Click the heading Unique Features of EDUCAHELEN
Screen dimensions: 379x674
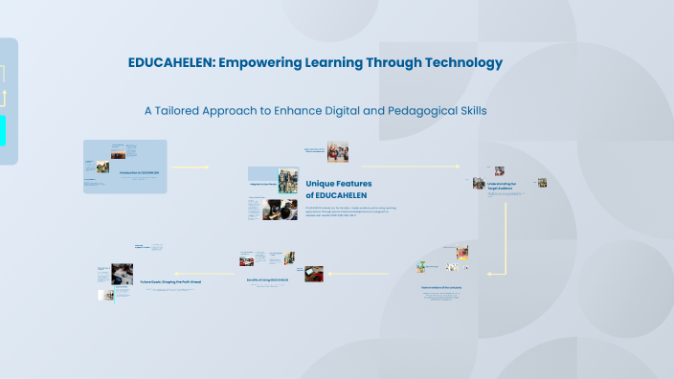click(x=338, y=189)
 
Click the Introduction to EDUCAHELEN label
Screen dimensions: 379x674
click(x=139, y=173)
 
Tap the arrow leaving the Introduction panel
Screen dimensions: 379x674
click(x=190, y=167)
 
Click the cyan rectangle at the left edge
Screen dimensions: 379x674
click(x=3, y=130)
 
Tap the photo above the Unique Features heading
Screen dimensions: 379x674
click(x=337, y=152)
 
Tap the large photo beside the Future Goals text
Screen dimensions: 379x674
click(x=122, y=275)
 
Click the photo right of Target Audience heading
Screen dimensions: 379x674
click(x=541, y=183)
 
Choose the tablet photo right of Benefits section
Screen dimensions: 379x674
click(x=314, y=274)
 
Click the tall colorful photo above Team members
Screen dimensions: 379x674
click(x=462, y=253)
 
